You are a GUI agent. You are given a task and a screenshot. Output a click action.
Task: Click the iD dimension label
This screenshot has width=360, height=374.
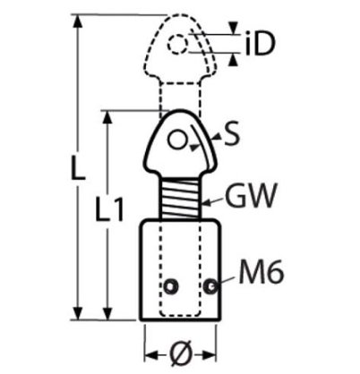(x=259, y=45)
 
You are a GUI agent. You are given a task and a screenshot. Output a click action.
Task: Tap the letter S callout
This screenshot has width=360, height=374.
(x=232, y=133)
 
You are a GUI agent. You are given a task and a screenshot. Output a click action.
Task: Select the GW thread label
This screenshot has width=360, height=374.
(x=251, y=195)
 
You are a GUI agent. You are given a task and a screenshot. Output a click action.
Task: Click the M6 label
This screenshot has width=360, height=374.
(x=261, y=273)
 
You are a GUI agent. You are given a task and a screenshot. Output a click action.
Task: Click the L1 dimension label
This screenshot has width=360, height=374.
(x=109, y=208)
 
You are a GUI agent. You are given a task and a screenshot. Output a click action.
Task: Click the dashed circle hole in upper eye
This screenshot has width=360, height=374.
(x=178, y=44)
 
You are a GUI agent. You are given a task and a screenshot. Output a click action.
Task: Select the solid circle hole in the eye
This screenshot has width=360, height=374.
(x=178, y=140)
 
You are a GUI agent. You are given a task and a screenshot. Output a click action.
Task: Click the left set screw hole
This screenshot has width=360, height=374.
(x=171, y=286)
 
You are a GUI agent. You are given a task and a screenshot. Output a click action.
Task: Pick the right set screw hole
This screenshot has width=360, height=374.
(x=210, y=286)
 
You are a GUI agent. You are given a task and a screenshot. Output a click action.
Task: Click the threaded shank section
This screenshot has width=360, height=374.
(x=180, y=198)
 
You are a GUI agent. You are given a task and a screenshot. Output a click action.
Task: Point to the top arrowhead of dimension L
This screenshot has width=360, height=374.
(x=78, y=21)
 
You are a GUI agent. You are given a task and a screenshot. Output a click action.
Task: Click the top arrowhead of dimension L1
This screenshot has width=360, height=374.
(x=107, y=117)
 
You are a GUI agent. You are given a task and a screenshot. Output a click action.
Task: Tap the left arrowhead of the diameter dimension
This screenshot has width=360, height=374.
(x=151, y=355)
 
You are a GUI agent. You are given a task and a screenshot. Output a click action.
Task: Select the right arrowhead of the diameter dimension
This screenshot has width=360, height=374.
(x=210, y=355)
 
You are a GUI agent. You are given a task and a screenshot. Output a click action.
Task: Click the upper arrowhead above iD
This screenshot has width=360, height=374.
(x=233, y=28)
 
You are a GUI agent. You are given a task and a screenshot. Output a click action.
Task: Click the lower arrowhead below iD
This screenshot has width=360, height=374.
(x=233, y=61)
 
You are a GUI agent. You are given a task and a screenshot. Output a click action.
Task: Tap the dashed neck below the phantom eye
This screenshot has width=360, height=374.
(x=179, y=97)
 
